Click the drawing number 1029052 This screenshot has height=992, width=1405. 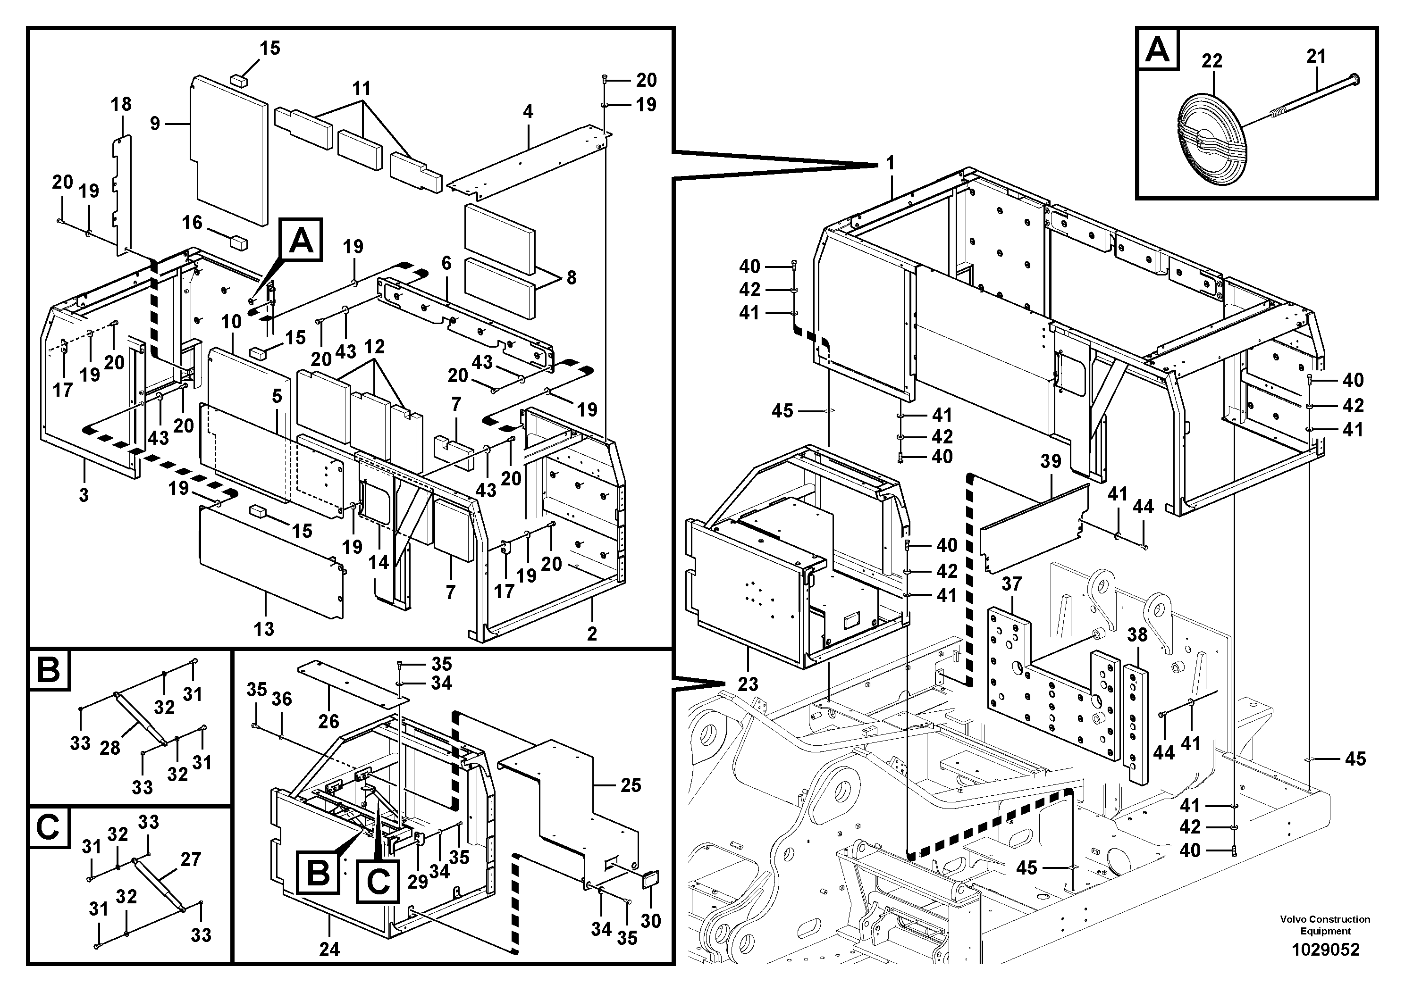pos(1325,950)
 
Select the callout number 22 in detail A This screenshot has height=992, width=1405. pos(1211,61)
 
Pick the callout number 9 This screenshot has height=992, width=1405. pos(155,124)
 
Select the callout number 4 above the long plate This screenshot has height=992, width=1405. pos(528,111)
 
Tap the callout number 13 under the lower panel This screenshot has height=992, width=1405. pos(264,629)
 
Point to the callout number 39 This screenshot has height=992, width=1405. pos(1050,461)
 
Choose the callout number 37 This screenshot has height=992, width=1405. pos(1011,584)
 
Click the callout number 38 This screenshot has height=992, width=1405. pos(1137,635)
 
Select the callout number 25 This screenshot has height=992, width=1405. pos(631,785)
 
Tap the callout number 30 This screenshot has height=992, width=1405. pos(650,921)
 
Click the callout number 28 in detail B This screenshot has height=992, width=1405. pos(109,747)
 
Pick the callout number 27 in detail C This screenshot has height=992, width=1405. pos(190,859)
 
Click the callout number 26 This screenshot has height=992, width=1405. pos(328,721)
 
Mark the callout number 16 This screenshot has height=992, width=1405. pos(192,222)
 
